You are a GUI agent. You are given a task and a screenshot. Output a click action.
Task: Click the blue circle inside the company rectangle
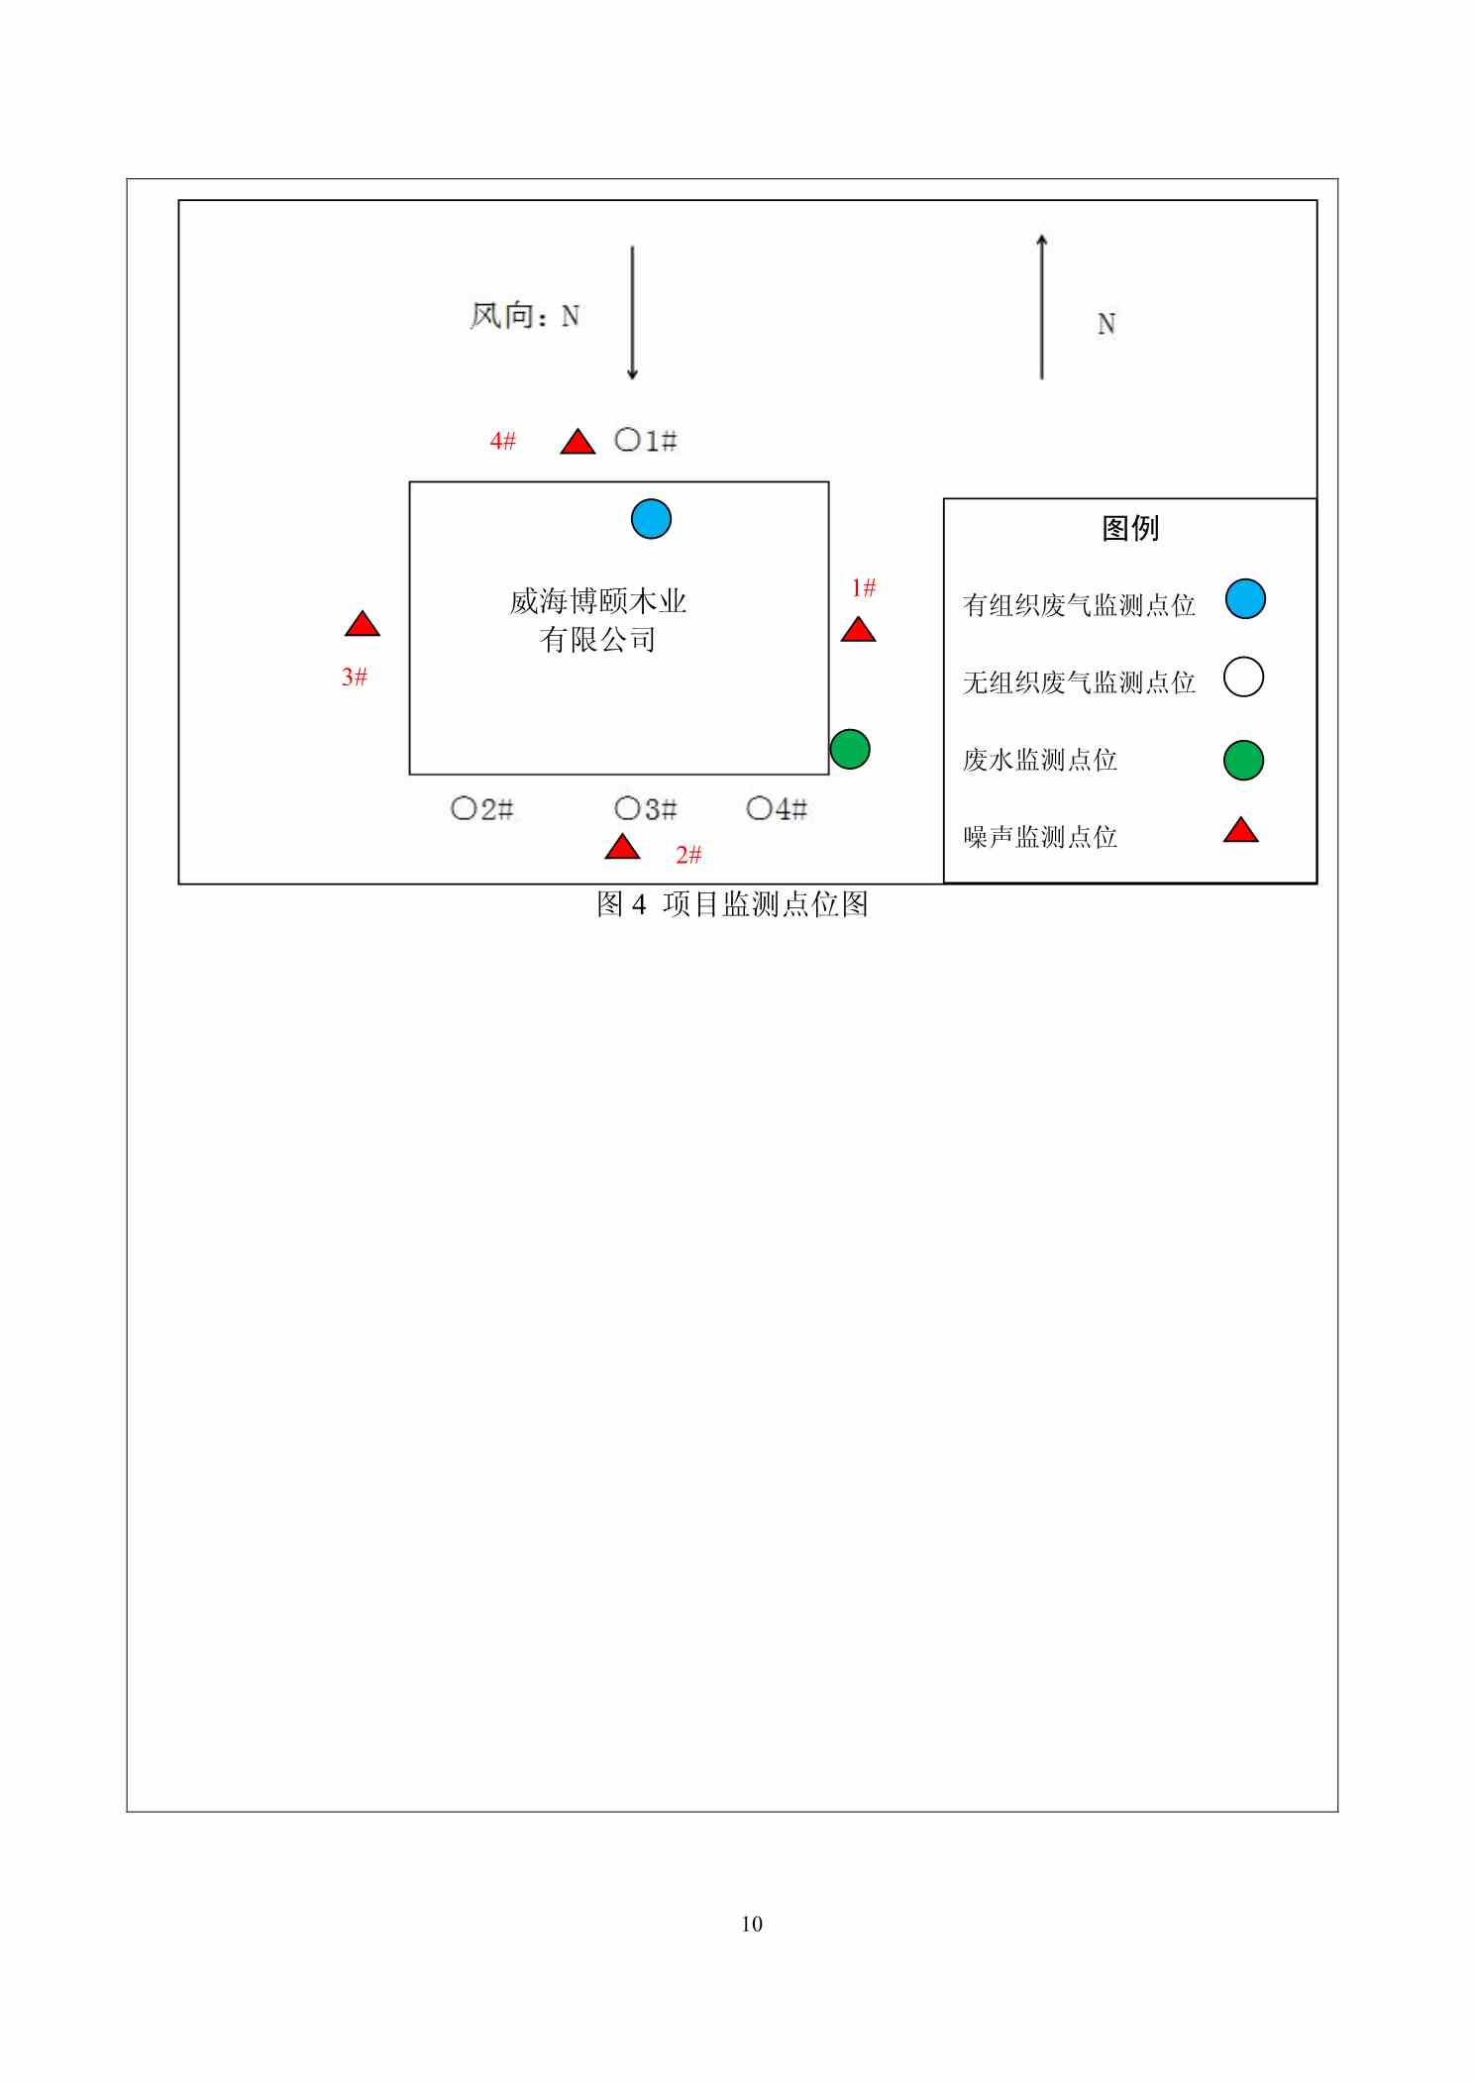(651, 519)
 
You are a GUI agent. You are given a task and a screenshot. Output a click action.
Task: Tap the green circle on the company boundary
(849, 749)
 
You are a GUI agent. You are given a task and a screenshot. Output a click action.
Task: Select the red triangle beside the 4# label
(578, 442)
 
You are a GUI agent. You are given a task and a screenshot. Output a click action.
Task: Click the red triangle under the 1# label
(858, 629)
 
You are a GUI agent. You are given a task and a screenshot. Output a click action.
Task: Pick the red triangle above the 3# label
(363, 624)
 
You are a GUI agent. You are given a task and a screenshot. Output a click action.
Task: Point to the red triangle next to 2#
(622, 847)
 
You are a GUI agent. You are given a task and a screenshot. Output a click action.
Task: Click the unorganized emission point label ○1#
(646, 441)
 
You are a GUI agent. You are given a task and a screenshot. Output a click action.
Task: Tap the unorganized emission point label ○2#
(482, 809)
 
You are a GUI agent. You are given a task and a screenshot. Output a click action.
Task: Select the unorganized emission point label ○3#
(646, 809)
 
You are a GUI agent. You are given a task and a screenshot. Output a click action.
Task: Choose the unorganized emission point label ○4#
(777, 809)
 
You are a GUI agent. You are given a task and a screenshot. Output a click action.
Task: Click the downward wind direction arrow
(632, 313)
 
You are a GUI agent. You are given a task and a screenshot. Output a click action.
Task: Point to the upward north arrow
(1041, 306)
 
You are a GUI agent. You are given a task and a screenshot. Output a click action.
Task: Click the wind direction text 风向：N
(525, 316)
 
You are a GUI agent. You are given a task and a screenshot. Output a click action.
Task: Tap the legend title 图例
(1130, 528)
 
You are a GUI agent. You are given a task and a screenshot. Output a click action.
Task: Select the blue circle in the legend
(1245, 599)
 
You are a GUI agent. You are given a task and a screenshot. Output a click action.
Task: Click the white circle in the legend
(1244, 677)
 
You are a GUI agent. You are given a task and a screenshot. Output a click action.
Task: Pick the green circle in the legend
(1244, 760)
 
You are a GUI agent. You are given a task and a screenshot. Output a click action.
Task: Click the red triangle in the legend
(1240, 830)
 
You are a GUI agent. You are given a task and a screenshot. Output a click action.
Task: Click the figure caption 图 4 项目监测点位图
(732, 903)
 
